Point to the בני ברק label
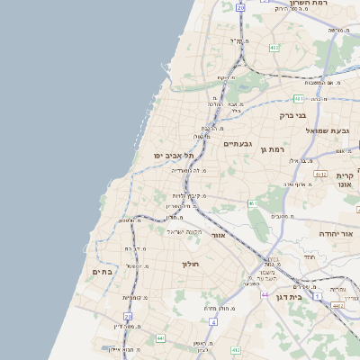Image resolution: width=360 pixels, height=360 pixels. point(293,115)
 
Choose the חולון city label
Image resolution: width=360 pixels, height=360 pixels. point(190,265)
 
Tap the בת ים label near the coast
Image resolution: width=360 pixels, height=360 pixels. point(101,272)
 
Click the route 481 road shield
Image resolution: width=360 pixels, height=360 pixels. point(298,98)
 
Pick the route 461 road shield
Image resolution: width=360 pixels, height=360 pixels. point(255,203)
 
